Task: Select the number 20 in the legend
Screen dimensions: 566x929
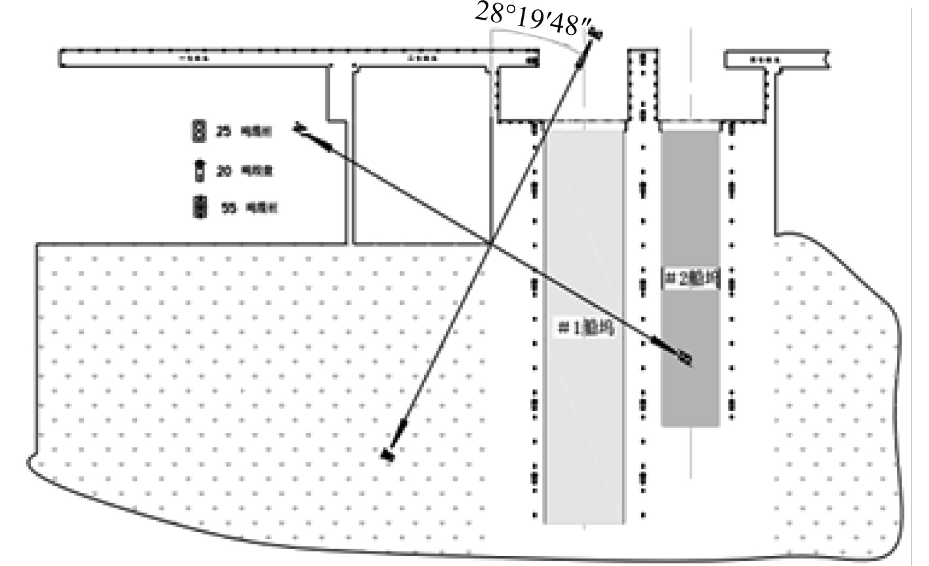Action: [x=224, y=171]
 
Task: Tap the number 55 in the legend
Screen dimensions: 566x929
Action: [x=229, y=208]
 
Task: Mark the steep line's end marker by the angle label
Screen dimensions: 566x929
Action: [x=595, y=32]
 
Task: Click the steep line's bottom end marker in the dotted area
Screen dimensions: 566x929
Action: [x=387, y=455]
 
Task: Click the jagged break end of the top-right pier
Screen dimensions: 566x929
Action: [x=828, y=59]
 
